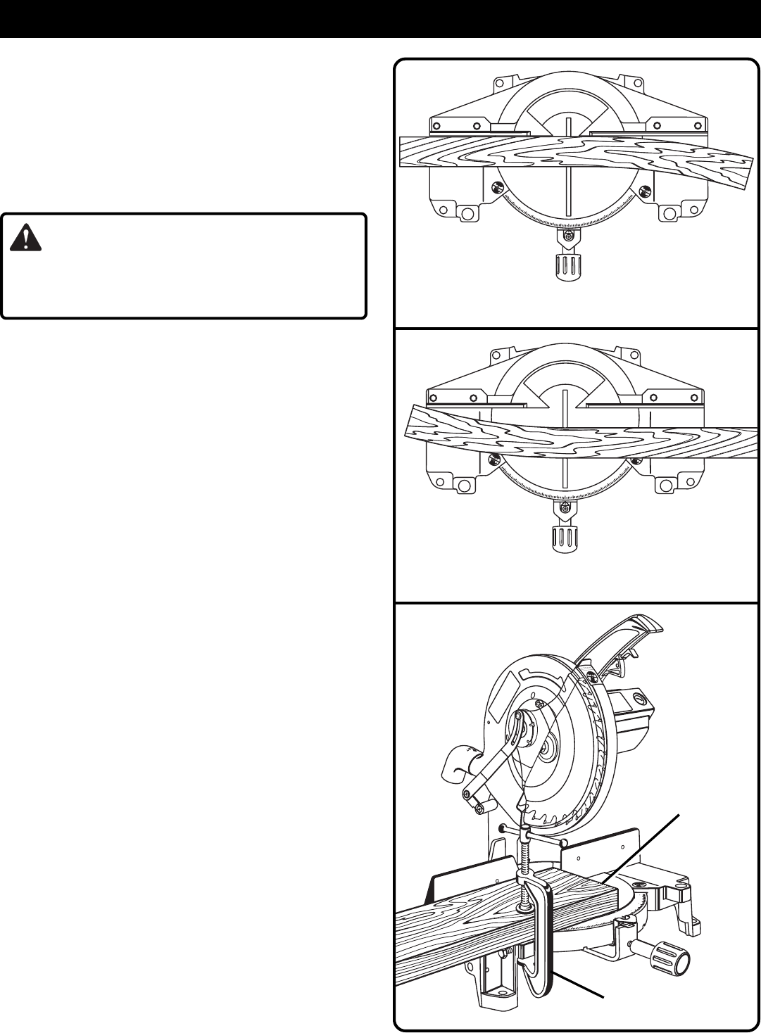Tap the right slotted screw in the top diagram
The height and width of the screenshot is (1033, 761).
(x=642, y=188)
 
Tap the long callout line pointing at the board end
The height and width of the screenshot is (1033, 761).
(x=644, y=848)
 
